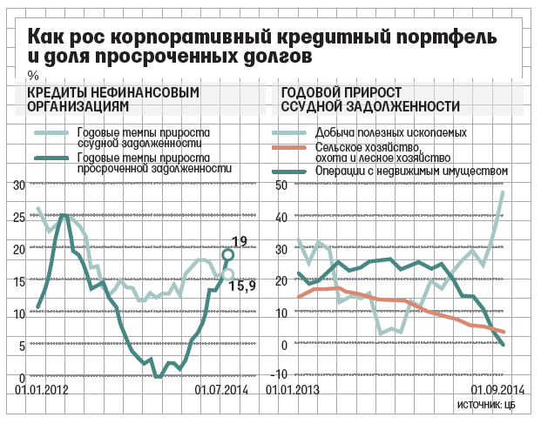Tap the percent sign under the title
click(x=33, y=75)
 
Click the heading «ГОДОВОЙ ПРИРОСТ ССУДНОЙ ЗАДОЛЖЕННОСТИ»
click(x=371, y=98)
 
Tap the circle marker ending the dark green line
click(x=228, y=255)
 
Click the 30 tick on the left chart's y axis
click(x=19, y=186)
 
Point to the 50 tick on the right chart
click(x=281, y=186)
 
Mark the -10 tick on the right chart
click(x=281, y=374)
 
